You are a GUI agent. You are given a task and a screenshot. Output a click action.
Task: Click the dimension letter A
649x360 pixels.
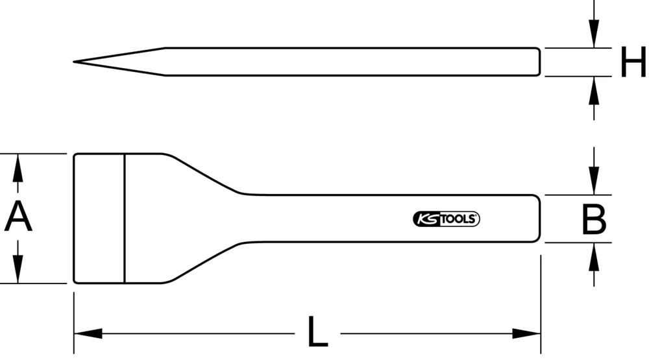click(18, 217)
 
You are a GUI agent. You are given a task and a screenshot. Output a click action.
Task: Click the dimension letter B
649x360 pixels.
click(593, 219)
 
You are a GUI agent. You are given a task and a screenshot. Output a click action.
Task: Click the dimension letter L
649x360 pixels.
click(317, 333)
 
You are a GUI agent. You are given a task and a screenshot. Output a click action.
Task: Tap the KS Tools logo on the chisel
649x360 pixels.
click(446, 219)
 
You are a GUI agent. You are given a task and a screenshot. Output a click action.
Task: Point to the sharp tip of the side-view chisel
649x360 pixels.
click(75, 62)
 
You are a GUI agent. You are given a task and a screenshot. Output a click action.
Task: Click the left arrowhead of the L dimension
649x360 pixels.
click(87, 334)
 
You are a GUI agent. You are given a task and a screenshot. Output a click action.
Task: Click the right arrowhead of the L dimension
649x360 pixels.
click(527, 334)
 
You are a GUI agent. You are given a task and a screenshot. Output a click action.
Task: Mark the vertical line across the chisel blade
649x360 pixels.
click(124, 218)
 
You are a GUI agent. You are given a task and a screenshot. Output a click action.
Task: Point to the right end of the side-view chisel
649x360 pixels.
click(538, 62)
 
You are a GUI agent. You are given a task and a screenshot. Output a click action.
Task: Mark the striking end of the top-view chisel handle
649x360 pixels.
click(538, 219)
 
